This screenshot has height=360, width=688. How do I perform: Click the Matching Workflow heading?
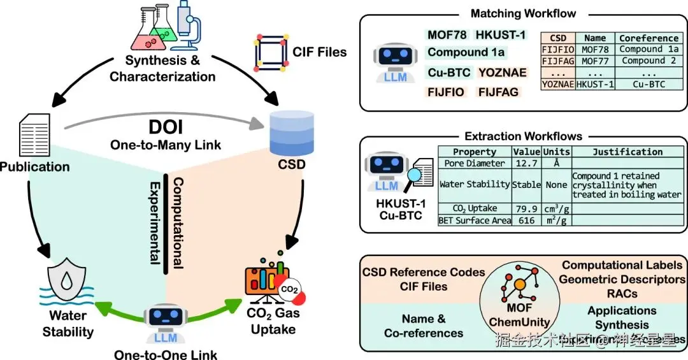(x=523, y=13)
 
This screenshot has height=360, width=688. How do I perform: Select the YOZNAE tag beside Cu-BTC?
(x=503, y=73)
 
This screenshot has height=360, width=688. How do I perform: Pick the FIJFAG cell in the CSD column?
(x=558, y=61)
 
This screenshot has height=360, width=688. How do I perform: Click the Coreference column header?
(x=649, y=38)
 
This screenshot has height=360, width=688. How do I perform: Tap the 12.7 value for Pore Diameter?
(x=527, y=163)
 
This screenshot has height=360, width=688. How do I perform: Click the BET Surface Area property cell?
(x=475, y=220)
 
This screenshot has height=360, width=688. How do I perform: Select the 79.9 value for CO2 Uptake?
(x=527, y=208)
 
